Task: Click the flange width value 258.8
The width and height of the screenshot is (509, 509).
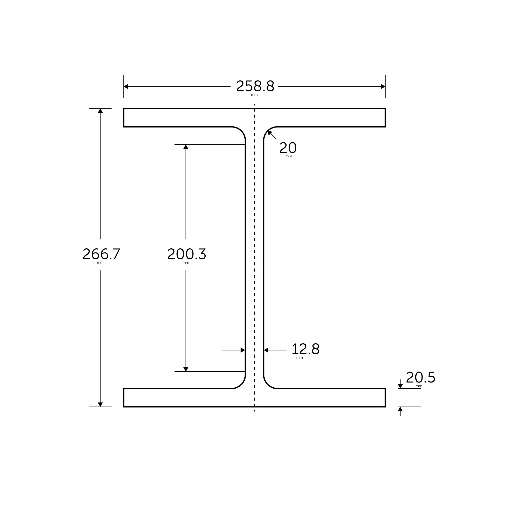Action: click(x=255, y=86)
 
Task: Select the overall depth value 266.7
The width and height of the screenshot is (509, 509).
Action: click(x=101, y=254)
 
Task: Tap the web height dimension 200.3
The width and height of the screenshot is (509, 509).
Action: click(x=187, y=254)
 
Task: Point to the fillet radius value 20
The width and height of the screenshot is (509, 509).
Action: click(x=288, y=148)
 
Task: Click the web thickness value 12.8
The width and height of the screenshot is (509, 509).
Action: click(x=305, y=349)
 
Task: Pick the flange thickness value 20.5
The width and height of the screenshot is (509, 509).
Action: click(x=420, y=377)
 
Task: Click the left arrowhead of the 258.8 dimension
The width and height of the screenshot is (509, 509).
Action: click(x=126, y=87)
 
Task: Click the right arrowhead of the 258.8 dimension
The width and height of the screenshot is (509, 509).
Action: click(x=383, y=87)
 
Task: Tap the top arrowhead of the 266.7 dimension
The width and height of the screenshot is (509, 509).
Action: click(x=100, y=111)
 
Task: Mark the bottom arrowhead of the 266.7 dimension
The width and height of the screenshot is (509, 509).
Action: click(x=100, y=404)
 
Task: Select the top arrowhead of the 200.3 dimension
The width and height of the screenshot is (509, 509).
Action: click(x=186, y=147)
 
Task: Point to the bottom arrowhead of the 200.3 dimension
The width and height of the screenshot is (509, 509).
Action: click(x=186, y=369)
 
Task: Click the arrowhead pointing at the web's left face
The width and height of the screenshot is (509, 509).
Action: click(x=243, y=350)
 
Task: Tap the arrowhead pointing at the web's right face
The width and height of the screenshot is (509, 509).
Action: click(x=266, y=350)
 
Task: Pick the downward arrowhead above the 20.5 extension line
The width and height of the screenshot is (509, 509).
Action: click(x=400, y=386)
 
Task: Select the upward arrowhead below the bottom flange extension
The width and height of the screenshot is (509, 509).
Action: click(x=400, y=409)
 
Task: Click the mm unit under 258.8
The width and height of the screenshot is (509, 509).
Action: click(x=254, y=95)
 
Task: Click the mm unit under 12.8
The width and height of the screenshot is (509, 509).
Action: click(x=300, y=358)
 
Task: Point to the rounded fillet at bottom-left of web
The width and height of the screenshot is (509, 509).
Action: click(x=241, y=384)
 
